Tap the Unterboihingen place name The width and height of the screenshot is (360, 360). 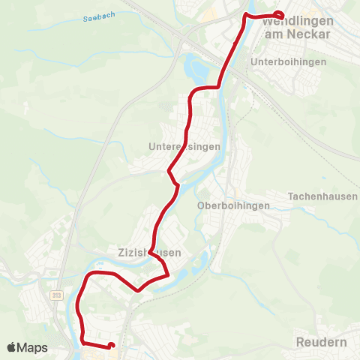click(x=289, y=61)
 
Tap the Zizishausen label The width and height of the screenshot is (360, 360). click(x=149, y=253)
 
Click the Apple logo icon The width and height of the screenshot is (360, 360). click(x=12, y=347)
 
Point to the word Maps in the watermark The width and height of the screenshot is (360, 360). click(x=34, y=347)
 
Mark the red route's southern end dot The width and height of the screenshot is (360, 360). click(x=111, y=346)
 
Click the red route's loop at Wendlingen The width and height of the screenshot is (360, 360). click(x=279, y=15)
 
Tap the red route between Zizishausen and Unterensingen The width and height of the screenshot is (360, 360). click(x=161, y=217)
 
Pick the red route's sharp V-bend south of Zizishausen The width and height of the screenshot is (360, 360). click(x=138, y=290)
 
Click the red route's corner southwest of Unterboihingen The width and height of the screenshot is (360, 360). click(x=217, y=87)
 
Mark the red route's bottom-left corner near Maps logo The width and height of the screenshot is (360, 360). click(x=83, y=342)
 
